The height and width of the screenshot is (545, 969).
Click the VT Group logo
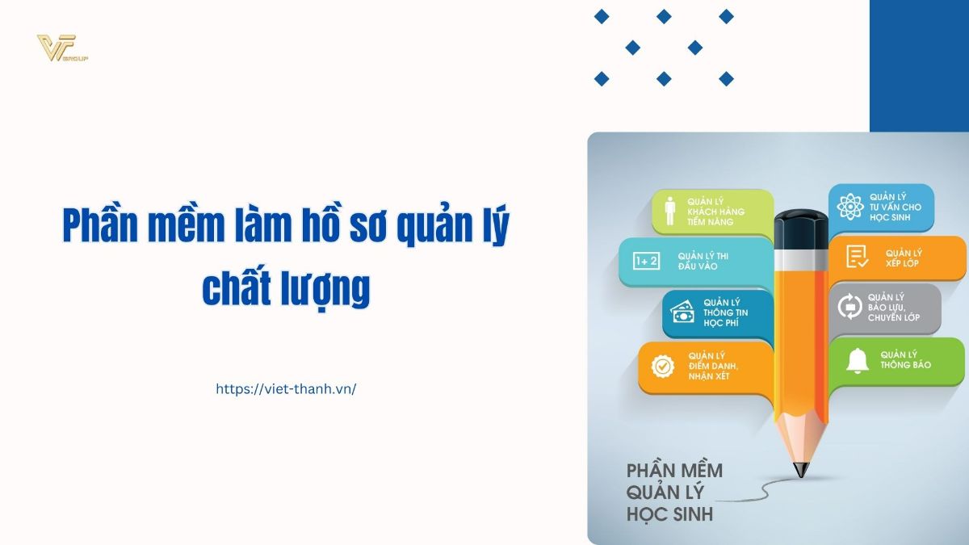(62, 48)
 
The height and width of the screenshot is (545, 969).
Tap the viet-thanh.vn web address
(286, 389)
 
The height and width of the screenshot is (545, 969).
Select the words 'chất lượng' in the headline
(286, 288)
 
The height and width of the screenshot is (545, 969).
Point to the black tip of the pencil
(801, 470)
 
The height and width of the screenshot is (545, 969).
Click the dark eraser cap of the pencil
(801, 229)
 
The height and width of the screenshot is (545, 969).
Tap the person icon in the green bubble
(670, 211)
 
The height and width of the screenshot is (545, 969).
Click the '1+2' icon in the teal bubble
(646, 261)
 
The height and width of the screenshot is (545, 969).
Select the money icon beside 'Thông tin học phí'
(682, 312)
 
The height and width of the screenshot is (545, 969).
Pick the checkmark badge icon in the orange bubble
(663, 367)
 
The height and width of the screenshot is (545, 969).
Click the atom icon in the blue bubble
(850, 207)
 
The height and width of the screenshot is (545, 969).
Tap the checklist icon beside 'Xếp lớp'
(857, 257)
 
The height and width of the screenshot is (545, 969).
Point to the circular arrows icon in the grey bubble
(849, 306)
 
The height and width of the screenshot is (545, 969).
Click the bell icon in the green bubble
(858, 361)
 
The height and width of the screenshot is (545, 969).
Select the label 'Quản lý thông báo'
(905, 360)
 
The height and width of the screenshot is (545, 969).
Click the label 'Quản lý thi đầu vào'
(703, 262)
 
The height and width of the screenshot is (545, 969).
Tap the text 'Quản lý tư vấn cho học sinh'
(896, 208)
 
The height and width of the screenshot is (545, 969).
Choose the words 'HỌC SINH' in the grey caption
(669, 514)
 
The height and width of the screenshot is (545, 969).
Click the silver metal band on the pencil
(801, 259)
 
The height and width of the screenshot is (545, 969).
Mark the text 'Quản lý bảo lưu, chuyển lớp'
(894, 307)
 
